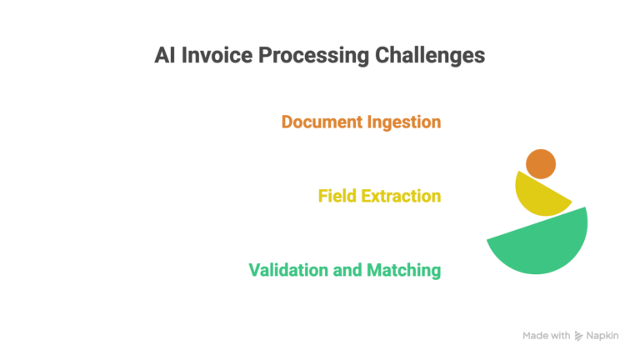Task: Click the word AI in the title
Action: click(x=165, y=56)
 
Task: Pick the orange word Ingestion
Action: click(x=404, y=122)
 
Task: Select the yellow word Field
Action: click(x=337, y=196)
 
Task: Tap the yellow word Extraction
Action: click(x=402, y=196)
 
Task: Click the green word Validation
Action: click(x=288, y=270)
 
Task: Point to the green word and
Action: click(x=347, y=270)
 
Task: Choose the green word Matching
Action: click(x=403, y=270)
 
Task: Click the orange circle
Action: click(x=541, y=163)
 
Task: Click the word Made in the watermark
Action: click(x=536, y=336)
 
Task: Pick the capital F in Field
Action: click(x=323, y=196)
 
